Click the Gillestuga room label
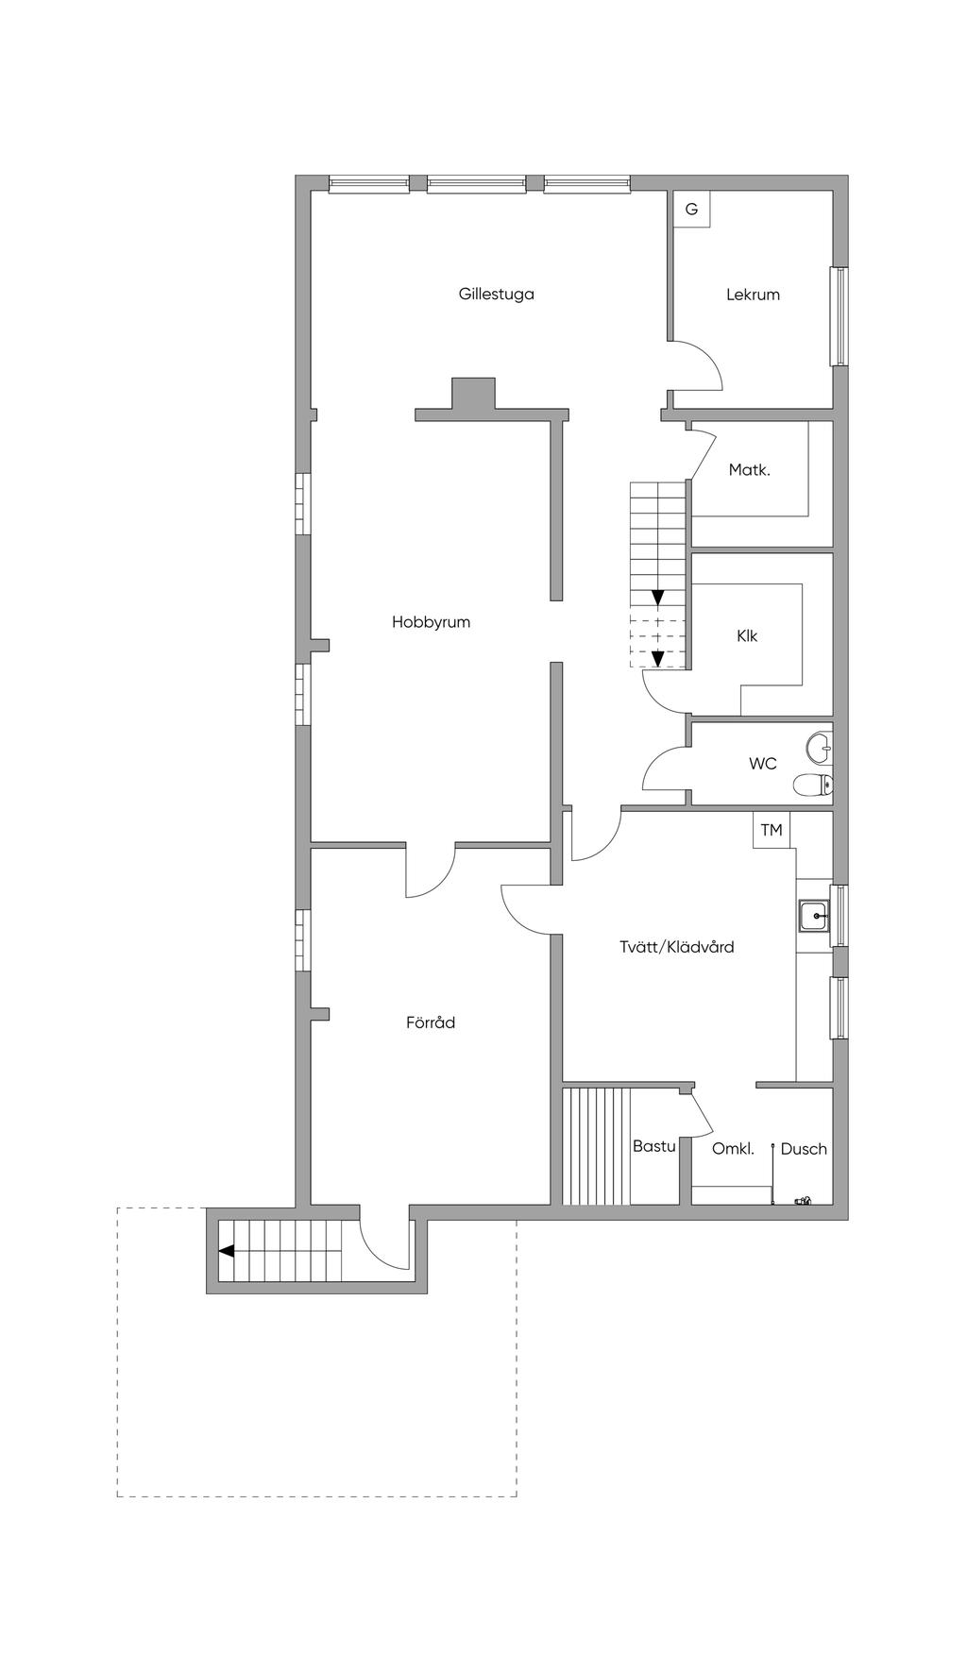tap(496, 294)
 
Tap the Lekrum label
tap(753, 295)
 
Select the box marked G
tap(691, 210)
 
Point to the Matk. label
tap(749, 469)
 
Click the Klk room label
tap(747, 636)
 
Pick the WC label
tap(763, 763)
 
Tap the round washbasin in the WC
tap(819, 749)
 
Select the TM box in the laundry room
tap(772, 831)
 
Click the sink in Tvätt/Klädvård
tap(813, 915)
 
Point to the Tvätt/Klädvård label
tap(676, 947)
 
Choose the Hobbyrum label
tap(431, 622)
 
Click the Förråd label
tap(431, 1022)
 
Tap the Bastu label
tap(653, 1146)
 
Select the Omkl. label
tap(733, 1149)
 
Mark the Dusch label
tap(804, 1149)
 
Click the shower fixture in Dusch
tap(803, 1201)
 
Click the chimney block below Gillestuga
tap(473, 393)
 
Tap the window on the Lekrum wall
tap(838, 316)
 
